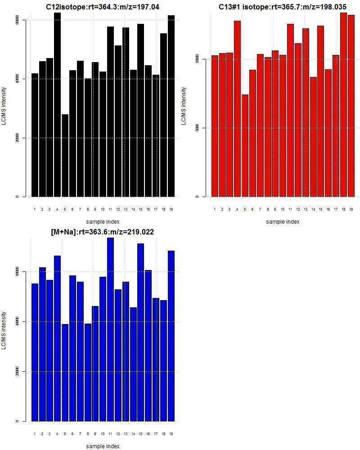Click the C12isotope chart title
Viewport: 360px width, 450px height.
pyautogui.click(x=103, y=7)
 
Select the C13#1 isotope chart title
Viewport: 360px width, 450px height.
pyautogui.click(x=283, y=7)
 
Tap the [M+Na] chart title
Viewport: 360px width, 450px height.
pyautogui.click(x=103, y=232)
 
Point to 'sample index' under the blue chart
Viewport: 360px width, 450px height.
pyautogui.click(x=103, y=446)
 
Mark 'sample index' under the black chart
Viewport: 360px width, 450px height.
pyautogui.click(x=103, y=221)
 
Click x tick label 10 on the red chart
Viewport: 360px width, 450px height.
pyautogui.click(x=283, y=209)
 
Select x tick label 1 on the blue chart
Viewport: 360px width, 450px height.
pyautogui.click(x=35, y=434)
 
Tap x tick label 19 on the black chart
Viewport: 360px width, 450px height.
pyautogui.click(x=171, y=209)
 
